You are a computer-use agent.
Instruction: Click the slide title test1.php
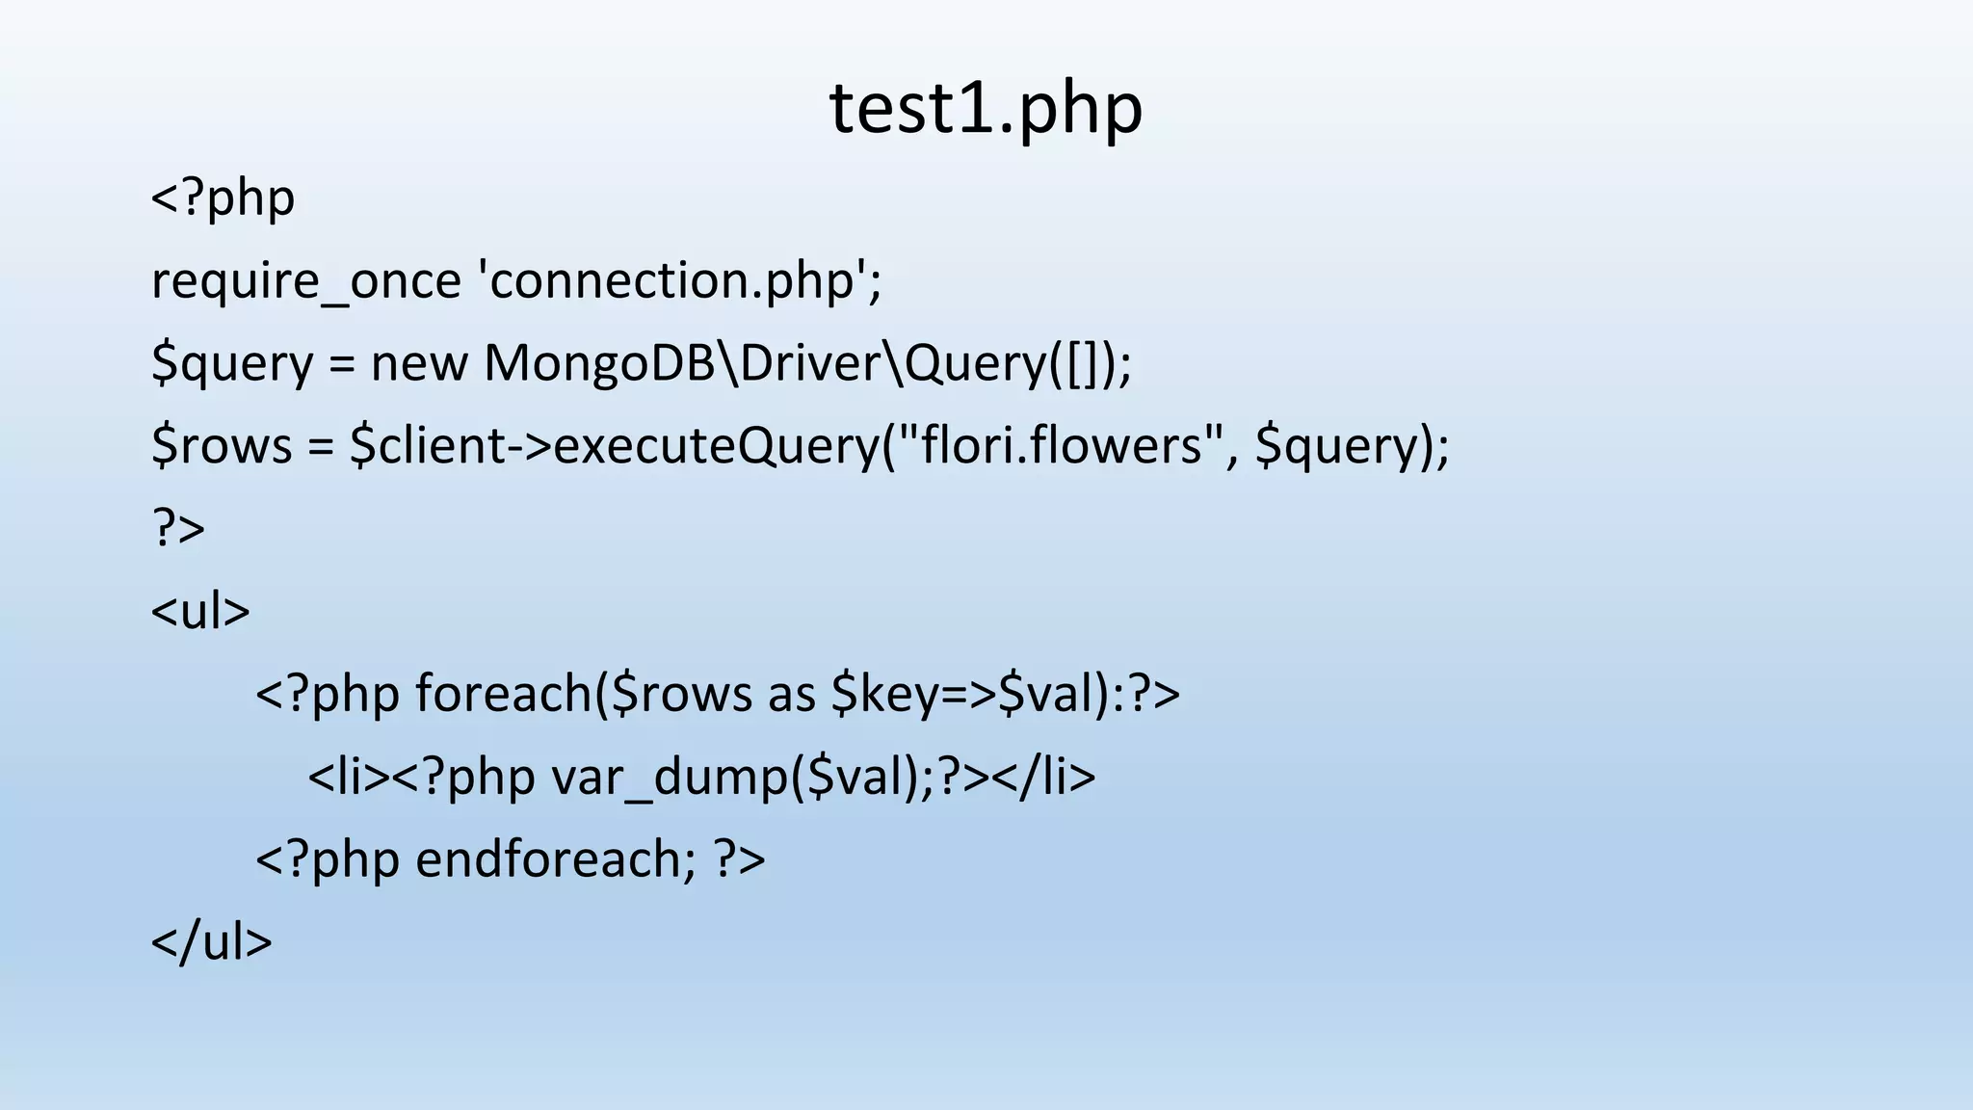coord(986,108)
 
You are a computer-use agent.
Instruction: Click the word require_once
coord(306,281)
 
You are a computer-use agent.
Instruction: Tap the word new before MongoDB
coord(419,364)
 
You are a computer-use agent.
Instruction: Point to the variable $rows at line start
coord(222,446)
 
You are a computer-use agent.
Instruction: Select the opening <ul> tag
coord(200,612)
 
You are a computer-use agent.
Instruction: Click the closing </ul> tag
coord(212,942)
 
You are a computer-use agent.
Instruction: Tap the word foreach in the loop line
coord(505,694)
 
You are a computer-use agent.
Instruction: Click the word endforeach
coord(555,859)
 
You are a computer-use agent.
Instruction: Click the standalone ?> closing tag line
coord(178,529)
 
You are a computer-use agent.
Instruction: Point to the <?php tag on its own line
coord(223,199)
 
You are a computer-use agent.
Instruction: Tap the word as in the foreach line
coord(792,696)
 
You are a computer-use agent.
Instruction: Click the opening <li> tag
coord(348,777)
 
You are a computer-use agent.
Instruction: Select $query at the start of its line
coord(232,364)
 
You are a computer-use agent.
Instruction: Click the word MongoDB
coord(598,364)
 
